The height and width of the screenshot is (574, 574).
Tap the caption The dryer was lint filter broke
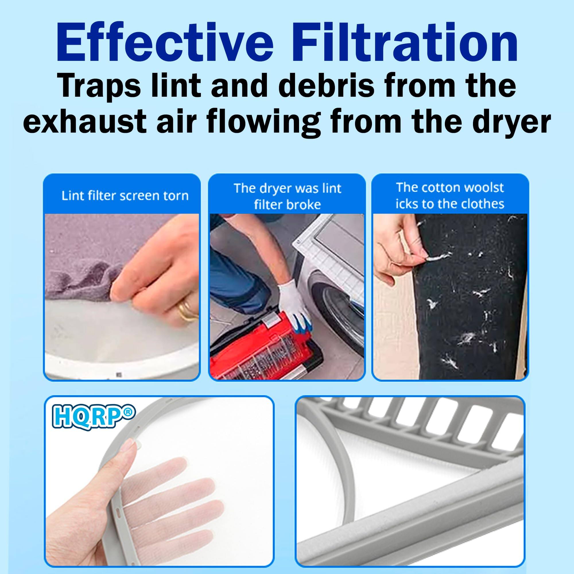(287, 196)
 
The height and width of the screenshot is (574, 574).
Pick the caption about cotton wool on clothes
(450, 196)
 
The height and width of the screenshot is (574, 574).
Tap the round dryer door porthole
(342, 309)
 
